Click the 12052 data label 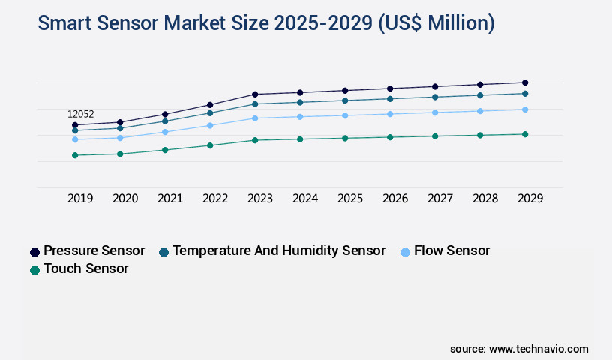coord(81,114)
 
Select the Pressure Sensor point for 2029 coord(525,82)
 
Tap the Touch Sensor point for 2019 coord(75,155)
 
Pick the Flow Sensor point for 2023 coord(255,118)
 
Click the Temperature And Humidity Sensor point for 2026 coord(390,98)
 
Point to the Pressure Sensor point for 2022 coord(210,104)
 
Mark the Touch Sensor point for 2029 coord(525,134)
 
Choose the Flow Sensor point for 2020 coord(120,138)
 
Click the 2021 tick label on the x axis coord(170,199)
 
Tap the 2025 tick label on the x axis coord(350,199)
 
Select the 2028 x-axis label coord(485,199)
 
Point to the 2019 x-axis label coord(80,199)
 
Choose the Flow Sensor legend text coord(451,250)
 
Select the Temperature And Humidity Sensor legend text coord(279,250)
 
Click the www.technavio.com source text coord(538,349)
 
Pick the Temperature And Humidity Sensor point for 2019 coord(75,130)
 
